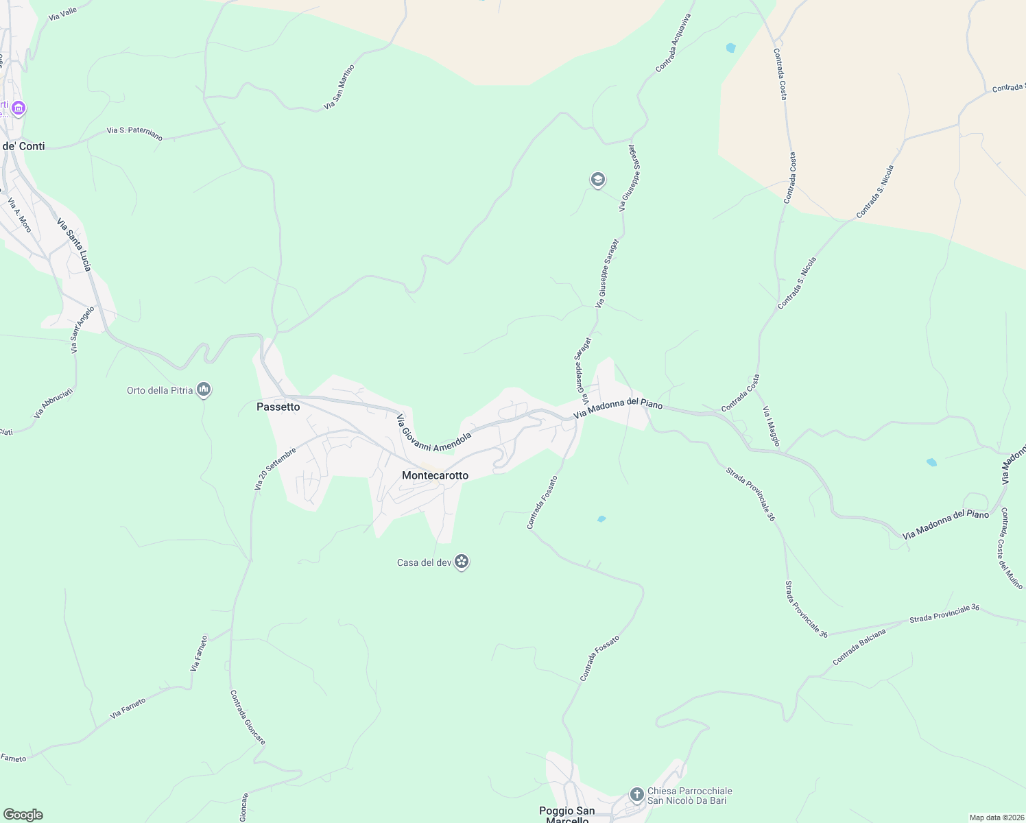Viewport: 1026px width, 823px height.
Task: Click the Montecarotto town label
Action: [435, 475]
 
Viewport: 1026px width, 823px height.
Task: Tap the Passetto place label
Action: [278, 407]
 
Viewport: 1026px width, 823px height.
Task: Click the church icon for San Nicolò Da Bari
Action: [637, 795]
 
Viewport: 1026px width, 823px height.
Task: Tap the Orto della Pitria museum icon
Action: [203, 390]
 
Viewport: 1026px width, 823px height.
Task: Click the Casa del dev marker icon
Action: [462, 562]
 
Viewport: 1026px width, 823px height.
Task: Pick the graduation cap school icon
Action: [597, 180]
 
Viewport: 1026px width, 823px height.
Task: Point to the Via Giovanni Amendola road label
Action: [433, 432]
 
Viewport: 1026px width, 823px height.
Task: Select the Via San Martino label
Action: [339, 87]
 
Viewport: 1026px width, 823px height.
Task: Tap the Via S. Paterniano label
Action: [134, 133]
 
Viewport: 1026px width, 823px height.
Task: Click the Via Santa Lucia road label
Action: [73, 245]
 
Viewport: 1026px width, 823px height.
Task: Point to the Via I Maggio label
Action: [771, 426]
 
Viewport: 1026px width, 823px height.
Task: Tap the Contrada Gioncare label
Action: [248, 717]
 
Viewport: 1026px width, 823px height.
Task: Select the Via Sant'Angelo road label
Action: [82, 330]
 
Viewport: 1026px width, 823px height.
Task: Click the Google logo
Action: [23, 815]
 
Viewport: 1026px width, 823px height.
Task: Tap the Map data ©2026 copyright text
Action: [994, 818]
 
